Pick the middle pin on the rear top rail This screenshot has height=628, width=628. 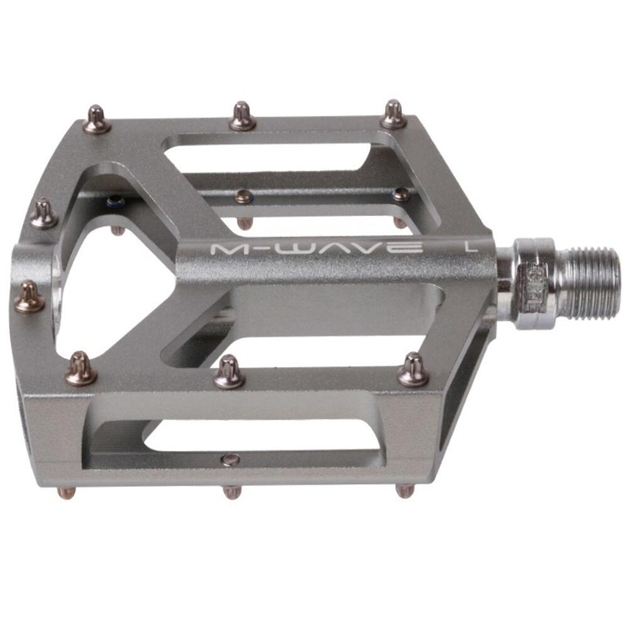pos(242,117)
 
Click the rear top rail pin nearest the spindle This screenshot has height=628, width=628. pos(394,115)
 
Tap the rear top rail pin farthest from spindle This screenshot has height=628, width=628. pos(97,120)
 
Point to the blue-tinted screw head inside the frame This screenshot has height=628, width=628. pos(114,202)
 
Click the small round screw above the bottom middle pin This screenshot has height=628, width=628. pos(230,460)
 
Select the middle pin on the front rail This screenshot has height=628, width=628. pos(229,372)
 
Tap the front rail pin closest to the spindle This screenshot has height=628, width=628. pos(413,370)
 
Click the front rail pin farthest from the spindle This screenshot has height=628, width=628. pos(81,369)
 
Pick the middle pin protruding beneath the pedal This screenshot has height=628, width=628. pos(232,492)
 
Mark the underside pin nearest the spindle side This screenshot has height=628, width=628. pos(404,490)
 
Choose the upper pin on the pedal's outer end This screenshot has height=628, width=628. pos(43,214)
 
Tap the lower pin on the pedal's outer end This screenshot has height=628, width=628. pos(29,298)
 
